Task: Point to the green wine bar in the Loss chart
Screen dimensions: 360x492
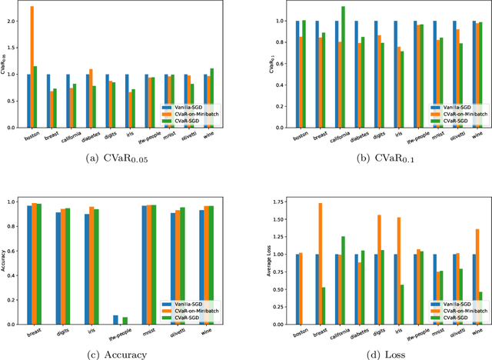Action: [481, 308]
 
